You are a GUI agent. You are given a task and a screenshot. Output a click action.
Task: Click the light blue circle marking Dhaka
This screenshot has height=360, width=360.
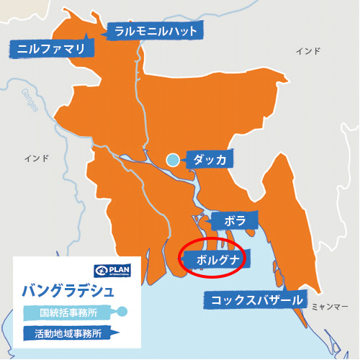[173, 160]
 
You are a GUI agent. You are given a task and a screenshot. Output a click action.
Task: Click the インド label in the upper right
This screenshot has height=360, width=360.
[308, 51]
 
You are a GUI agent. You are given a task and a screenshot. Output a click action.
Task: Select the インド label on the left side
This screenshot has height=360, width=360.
[35, 158]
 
